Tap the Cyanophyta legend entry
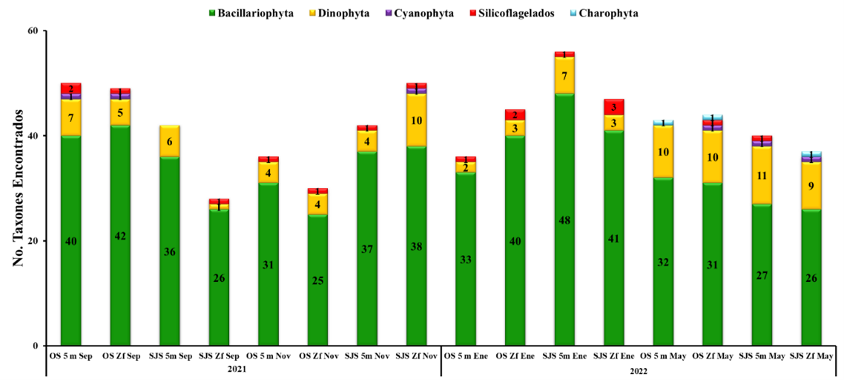(x=424, y=13)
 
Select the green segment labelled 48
(x=564, y=220)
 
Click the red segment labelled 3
(x=614, y=107)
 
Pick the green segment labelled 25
(x=318, y=280)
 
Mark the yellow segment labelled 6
(x=170, y=141)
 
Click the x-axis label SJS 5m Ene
(x=564, y=356)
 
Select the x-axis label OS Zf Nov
(x=318, y=356)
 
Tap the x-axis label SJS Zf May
(x=811, y=356)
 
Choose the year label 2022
(x=638, y=370)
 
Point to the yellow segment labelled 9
(x=811, y=186)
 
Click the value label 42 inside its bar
(x=120, y=236)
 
